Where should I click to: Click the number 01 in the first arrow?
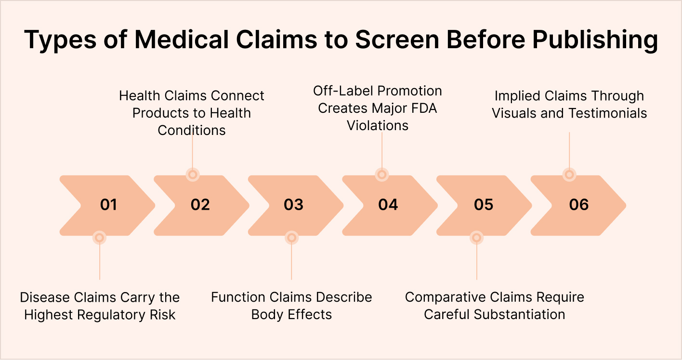[108, 205]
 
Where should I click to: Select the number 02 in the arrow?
[200, 205]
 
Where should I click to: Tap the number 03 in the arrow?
[293, 205]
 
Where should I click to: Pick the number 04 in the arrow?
[388, 205]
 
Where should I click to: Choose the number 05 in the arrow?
[483, 205]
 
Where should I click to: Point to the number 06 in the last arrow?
[578, 205]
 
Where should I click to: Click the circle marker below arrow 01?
[99, 237]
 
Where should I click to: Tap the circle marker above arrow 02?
[192, 174]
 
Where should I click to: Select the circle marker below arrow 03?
[291, 237]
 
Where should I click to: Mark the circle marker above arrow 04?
[381, 174]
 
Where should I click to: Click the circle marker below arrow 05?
[476, 237]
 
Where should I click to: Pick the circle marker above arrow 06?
[569, 174]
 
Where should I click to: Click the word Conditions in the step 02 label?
[192, 130]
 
